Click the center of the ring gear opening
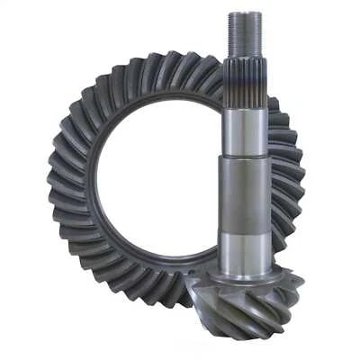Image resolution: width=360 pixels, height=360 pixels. [166, 180]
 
